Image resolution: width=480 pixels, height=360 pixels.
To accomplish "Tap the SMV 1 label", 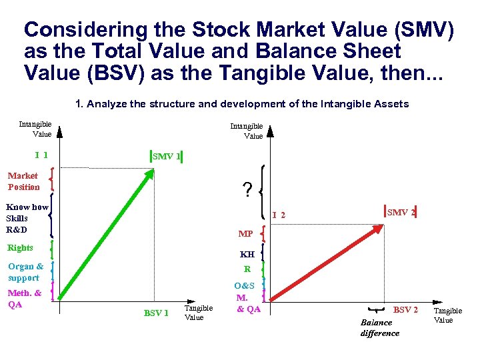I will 167,157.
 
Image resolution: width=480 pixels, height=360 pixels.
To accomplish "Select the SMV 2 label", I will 401,213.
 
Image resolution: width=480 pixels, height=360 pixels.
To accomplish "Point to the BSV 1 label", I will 157,313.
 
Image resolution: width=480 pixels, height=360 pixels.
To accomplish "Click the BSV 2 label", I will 405,310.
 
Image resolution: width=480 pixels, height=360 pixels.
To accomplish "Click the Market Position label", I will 24,181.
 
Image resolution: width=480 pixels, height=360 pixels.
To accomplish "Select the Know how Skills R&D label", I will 26,219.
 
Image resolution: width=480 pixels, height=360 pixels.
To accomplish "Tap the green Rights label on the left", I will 20,248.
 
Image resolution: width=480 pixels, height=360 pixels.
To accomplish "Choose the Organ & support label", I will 25,272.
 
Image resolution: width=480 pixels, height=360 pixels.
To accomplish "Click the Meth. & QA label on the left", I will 24,299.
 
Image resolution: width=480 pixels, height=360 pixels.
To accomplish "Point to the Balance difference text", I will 379,328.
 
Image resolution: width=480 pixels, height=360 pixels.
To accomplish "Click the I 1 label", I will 41,155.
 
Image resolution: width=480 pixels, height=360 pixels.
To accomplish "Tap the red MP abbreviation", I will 245,234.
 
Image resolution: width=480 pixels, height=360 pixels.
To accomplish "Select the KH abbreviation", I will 247,254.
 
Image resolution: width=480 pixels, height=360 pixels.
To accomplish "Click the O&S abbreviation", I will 244,286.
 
